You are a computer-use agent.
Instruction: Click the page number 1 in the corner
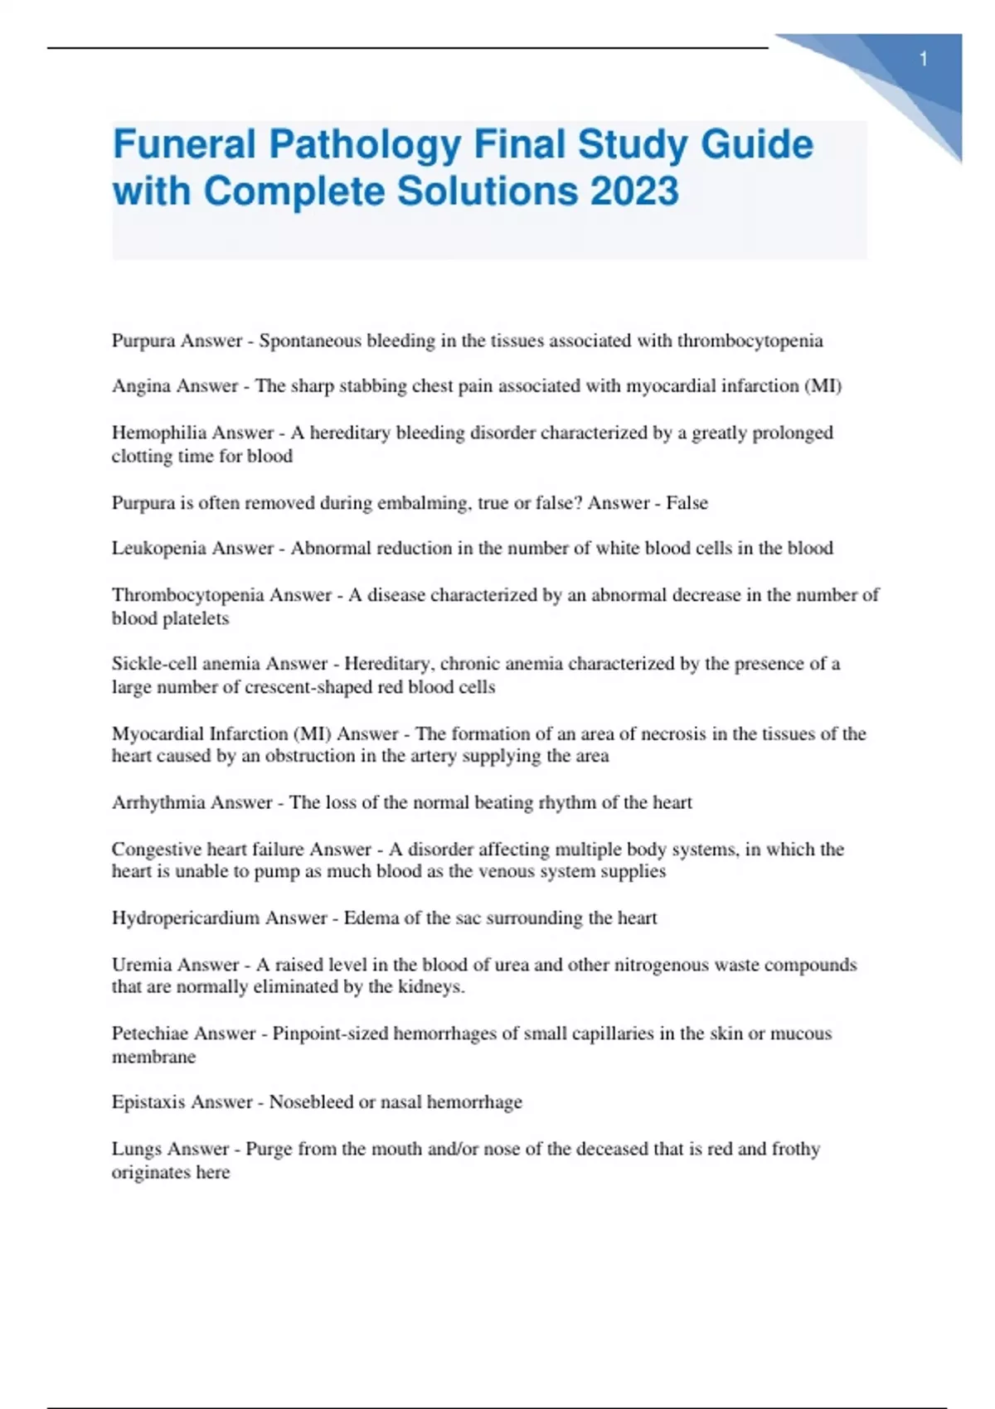(923, 60)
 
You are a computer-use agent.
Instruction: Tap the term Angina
(141, 386)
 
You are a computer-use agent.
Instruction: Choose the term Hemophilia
(151, 433)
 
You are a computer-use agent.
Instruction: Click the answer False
(687, 503)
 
